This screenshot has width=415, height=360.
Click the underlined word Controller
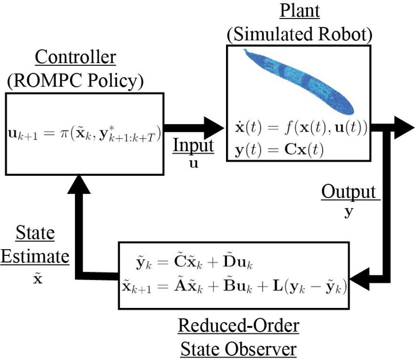point(76,57)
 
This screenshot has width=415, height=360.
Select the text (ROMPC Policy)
point(76,80)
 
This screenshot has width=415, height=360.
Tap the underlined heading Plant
point(300,11)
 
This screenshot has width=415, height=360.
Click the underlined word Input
point(194,146)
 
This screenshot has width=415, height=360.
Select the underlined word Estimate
point(35,257)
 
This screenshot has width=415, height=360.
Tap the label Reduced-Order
point(238,326)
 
